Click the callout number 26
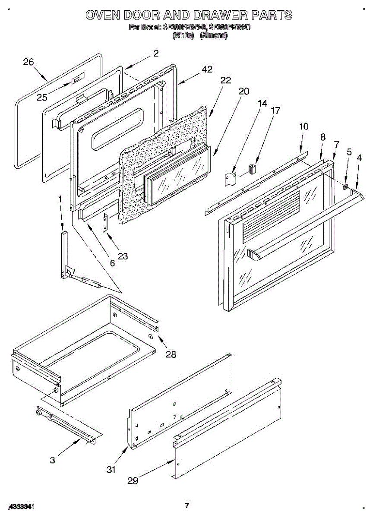click(28, 62)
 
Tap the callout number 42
click(207, 69)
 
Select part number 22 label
click(225, 80)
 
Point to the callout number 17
click(275, 111)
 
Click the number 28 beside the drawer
click(171, 354)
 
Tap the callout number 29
click(133, 480)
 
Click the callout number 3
click(52, 460)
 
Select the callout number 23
click(123, 256)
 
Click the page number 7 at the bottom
click(187, 505)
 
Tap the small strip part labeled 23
click(104, 223)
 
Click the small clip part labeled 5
click(345, 186)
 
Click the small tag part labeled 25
click(76, 80)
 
